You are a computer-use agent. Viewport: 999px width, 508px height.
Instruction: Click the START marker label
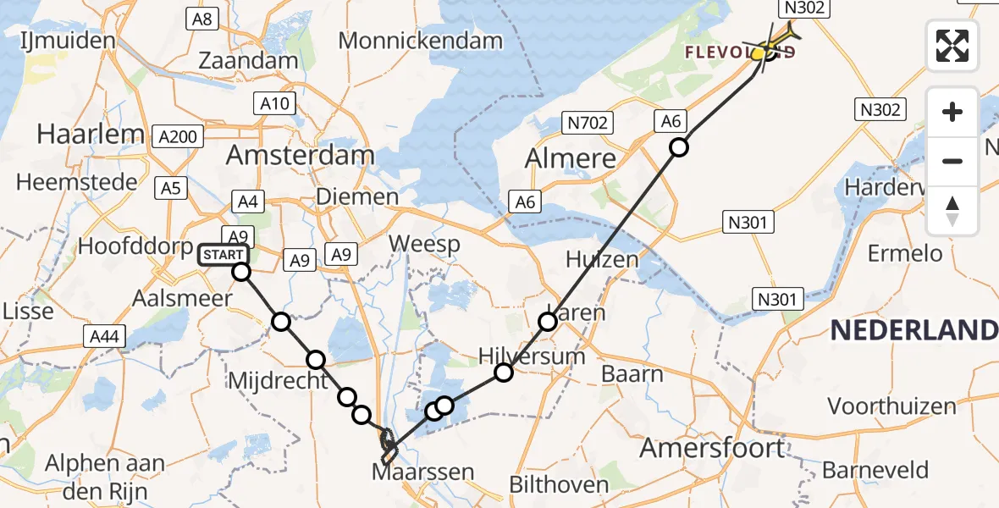(x=224, y=254)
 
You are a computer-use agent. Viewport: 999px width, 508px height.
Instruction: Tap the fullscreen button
(x=952, y=45)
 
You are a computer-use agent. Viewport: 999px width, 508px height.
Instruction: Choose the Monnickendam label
(x=420, y=40)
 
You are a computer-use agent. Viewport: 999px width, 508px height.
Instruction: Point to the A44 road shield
(x=105, y=337)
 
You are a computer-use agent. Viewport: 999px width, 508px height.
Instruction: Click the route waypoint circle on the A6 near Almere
(x=679, y=148)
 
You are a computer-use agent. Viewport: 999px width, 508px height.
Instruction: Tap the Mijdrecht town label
(x=278, y=381)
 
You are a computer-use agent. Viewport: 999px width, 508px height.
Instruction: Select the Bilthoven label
(x=559, y=485)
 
